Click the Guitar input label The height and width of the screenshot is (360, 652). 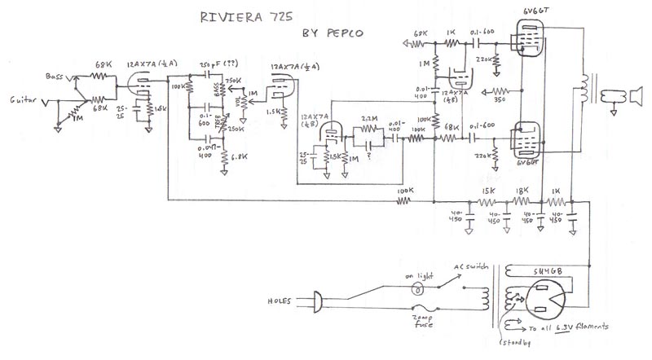click(22, 100)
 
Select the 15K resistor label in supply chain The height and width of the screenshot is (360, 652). click(488, 191)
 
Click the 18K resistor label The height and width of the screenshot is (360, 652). click(522, 191)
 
